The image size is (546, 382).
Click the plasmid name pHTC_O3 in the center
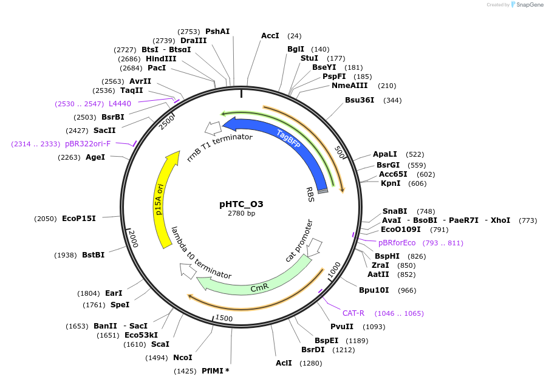pyautogui.click(x=241, y=204)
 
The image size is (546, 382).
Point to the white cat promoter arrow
pyautogui.click(x=315, y=247)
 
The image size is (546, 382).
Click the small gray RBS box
pyautogui.click(x=322, y=191)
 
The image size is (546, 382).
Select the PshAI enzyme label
pyautogui.click(x=217, y=32)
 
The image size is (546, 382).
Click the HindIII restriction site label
pyautogui.click(x=161, y=59)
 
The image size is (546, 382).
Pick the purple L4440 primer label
pyautogui.click(x=120, y=104)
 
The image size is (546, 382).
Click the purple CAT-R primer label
pyautogui.click(x=353, y=313)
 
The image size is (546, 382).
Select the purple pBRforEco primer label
pyautogui.click(x=397, y=243)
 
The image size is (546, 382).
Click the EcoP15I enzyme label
pyautogui.click(x=79, y=219)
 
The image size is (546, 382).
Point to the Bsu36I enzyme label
pyautogui.click(x=360, y=100)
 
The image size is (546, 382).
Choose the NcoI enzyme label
pyautogui.click(x=182, y=358)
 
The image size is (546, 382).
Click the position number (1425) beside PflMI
pyautogui.click(x=185, y=370)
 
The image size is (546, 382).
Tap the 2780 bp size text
pyautogui.click(x=241, y=214)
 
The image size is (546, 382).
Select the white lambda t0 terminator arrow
pyautogui.click(x=188, y=271)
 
